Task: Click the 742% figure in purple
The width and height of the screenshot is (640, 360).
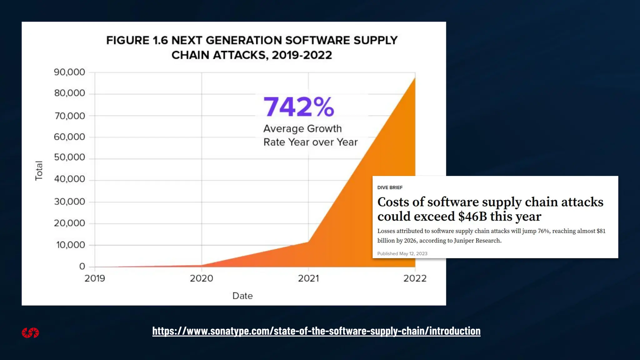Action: [x=298, y=107]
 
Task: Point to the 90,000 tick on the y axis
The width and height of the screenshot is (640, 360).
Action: [x=69, y=72]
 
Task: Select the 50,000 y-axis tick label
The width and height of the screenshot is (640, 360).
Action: [x=69, y=157]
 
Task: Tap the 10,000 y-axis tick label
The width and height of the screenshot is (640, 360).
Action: [x=70, y=245]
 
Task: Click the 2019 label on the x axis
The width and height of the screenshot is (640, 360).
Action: [x=95, y=278]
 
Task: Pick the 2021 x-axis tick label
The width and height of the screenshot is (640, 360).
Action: [x=308, y=278]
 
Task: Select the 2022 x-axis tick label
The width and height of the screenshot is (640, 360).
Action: [x=415, y=278]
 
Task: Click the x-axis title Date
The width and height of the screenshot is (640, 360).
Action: [x=242, y=296]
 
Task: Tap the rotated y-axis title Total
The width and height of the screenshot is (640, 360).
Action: [x=39, y=171]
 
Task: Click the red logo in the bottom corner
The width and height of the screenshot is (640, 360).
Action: [x=30, y=333]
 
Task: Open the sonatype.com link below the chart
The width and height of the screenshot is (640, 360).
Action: [x=316, y=331]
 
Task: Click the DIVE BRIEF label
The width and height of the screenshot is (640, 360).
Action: [x=390, y=187]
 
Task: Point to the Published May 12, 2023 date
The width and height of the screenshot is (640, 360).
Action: [x=402, y=253]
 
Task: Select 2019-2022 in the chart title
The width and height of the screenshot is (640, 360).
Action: [x=302, y=55]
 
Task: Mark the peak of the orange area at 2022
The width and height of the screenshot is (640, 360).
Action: [x=415, y=78]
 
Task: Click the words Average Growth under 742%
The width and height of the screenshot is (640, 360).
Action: [x=302, y=128]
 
